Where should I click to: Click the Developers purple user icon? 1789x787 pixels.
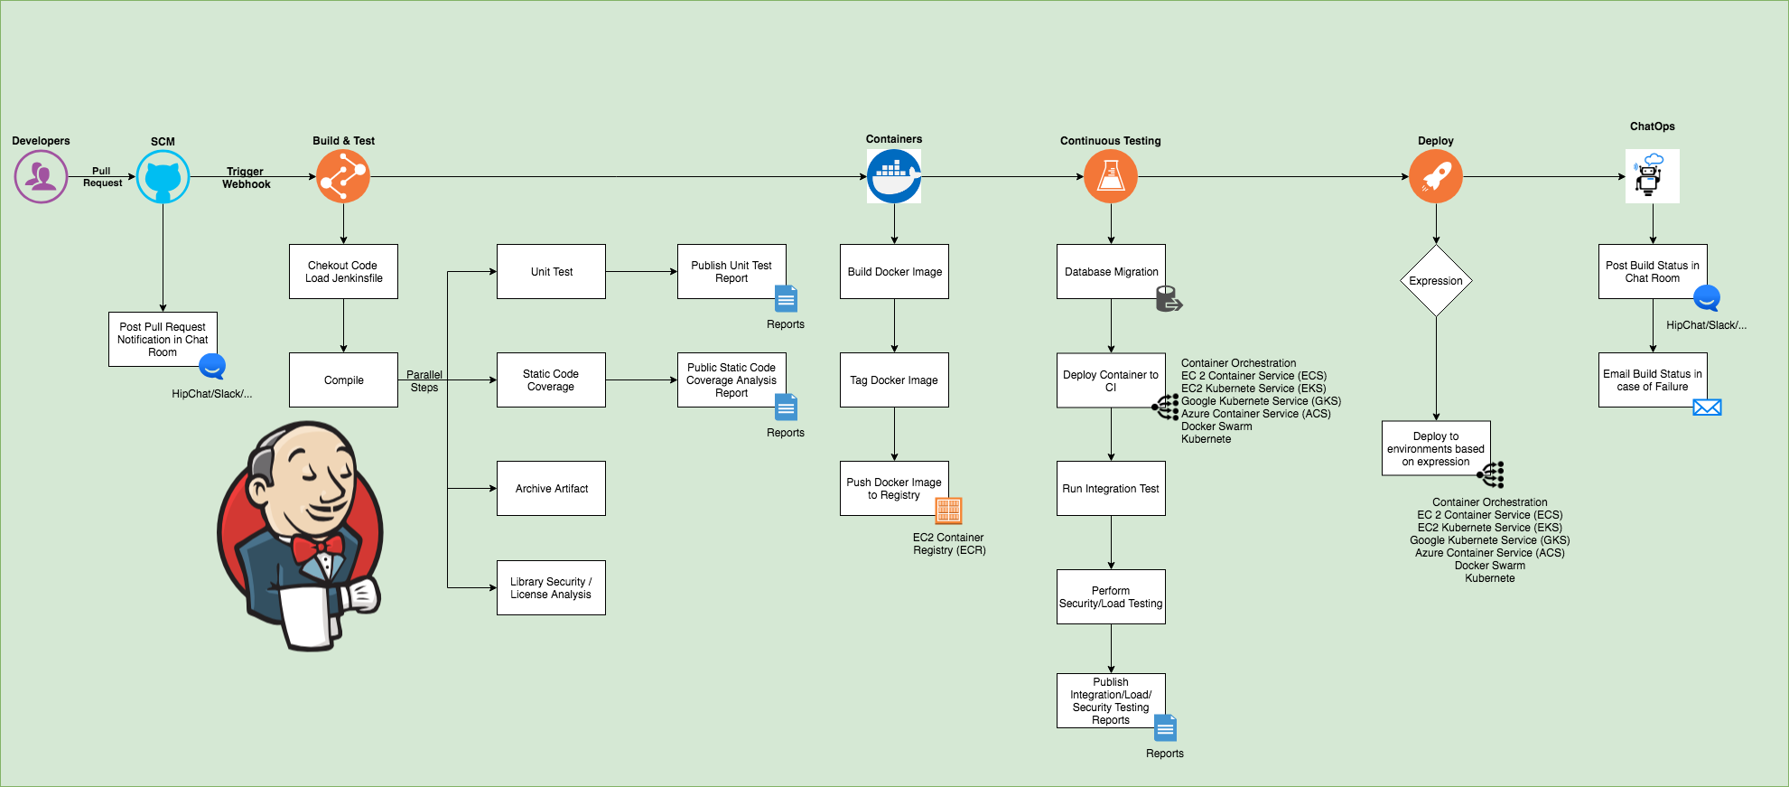pyautogui.click(x=41, y=176)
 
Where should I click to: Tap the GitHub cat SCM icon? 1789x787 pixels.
pyautogui.click(x=163, y=176)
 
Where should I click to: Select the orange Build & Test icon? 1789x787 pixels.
pyautogui.click(x=343, y=176)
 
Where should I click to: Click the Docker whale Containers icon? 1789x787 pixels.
pyautogui.click(x=894, y=176)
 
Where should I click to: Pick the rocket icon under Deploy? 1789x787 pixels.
pyautogui.click(x=1436, y=176)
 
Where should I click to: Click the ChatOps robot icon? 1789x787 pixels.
pyautogui.click(x=1652, y=176)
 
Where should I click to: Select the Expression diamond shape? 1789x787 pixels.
pyautogui.click(x=1436, y=280)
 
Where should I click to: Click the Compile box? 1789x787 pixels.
pyautogui.click(x=343, y=379)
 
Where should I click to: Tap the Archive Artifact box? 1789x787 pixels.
pyautogui.click(x=551, y=488)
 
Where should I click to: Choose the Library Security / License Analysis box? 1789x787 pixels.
pyautogui.click(x=551, y=587)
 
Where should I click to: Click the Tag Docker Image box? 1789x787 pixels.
pyautogui.click(x=894, y=379)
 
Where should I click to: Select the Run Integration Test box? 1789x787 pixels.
pyautogui.click(x=1111, y=488)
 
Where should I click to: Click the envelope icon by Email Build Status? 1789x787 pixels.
pyautogui.click(x=1707, y=408)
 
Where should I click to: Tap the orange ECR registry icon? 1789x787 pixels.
pyautogui.click(x=948, y=511)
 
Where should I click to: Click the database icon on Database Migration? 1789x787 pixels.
pyautogui.click(x=1169, y=299)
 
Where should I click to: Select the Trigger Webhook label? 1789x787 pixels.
pyautogui.click(x=246, y=178)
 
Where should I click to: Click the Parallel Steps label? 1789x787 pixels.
pyautogui.click(x=424, y=381)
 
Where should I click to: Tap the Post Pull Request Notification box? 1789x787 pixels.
pyautogui.click(x=163, y=339)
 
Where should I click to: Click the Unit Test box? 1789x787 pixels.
pyautogui.click(x=551, y=271)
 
